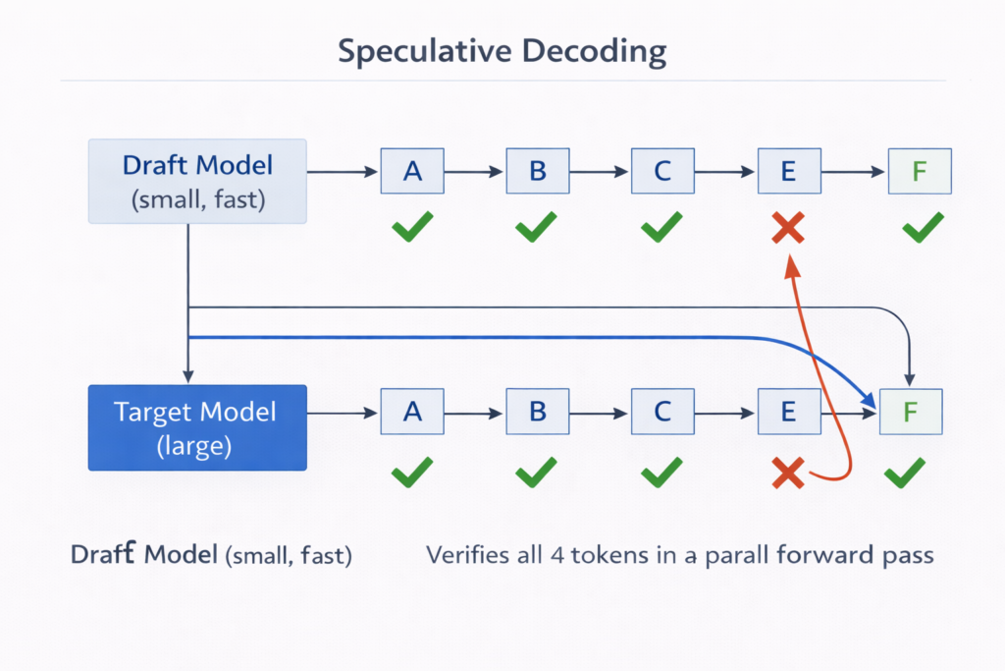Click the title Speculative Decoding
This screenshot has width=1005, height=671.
tap(502, 51)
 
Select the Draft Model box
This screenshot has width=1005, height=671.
tap(197, 182)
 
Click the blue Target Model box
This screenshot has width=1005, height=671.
tap(197, 427)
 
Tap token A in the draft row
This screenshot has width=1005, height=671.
tap(412, 171)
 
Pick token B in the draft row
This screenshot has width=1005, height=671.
tap(538, 171)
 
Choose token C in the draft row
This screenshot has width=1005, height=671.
tap(662, 171)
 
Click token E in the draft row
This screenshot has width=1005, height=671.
tap(788, 171)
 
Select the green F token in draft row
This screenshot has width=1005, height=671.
tap(919, 171)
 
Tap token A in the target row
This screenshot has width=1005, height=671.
tap(412, 412)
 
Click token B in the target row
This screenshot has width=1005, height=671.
tap(538, 412)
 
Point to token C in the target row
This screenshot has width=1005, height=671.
tap(662, 412)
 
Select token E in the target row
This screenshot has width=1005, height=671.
tap(788, 412)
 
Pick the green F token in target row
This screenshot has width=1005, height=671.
tap(911, 412)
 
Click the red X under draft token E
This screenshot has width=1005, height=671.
tap(788, 230)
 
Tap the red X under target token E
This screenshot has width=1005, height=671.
tap(787, 475)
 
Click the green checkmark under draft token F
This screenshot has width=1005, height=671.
tap(922, 230)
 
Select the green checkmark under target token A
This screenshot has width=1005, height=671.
tap(412, 475)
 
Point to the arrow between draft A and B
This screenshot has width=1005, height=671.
tap(475, 172)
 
